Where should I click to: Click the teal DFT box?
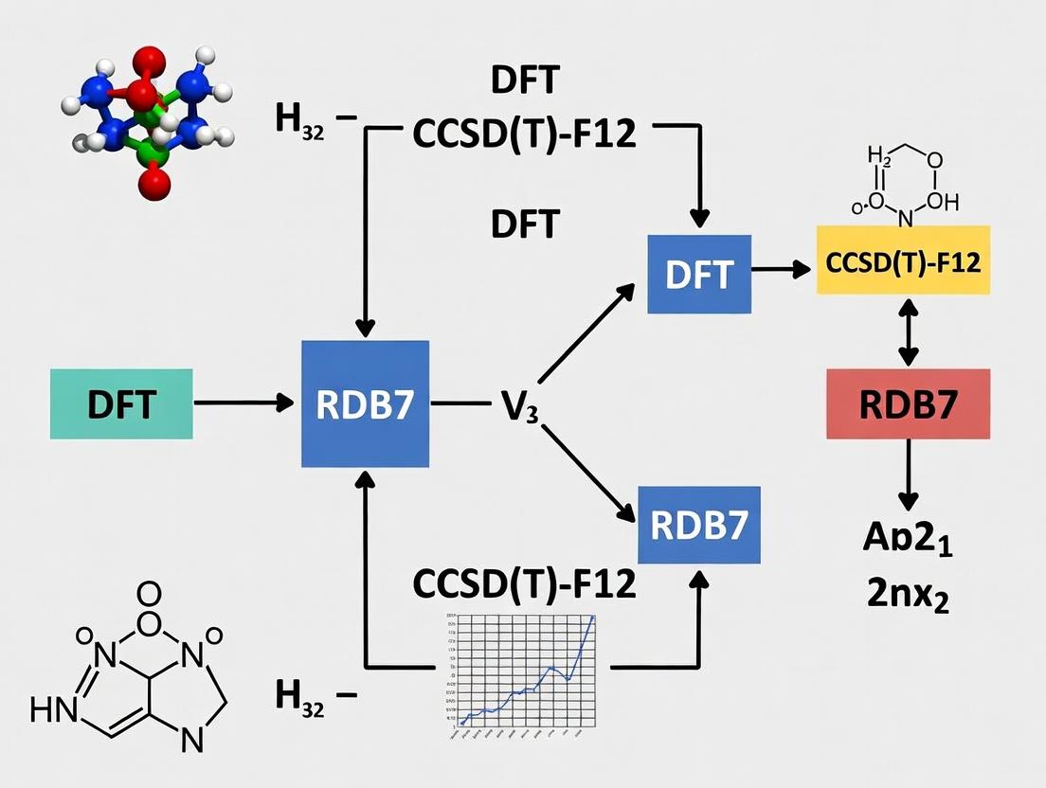pyautogui.click(x=121, y=404)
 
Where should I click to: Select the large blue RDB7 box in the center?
pyautogui.click(x=366, y=404)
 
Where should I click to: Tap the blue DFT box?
pyautogui.click(x=699, y=274)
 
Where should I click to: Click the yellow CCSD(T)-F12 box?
pyautogui.click(x=903, y=261)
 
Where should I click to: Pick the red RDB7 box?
pyautogui.click(x=908, y=403)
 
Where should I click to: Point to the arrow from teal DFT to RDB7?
pyautogui.click(x=243, y=403)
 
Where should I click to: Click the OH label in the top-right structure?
pyautogui.click(x=944, y=201)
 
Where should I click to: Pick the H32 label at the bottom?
pyautogui.click(x=301, y=696)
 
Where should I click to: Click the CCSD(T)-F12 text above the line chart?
pyautogui.click(x=524, y=584)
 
